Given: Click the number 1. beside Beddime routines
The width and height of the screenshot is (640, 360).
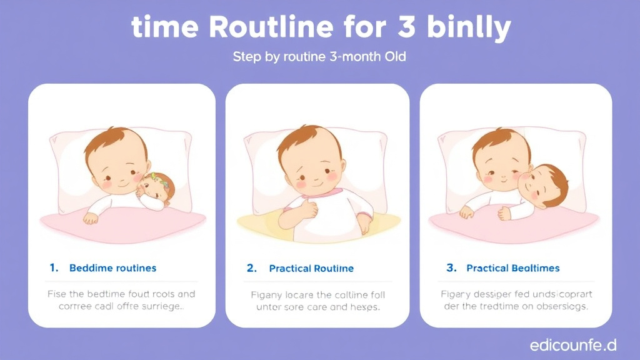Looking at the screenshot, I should click(x=54, y=267).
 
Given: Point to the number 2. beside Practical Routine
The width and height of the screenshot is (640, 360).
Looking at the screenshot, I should click(x=252, y=267).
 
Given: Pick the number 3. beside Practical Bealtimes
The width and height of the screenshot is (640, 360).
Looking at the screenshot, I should click(x=452, y=267).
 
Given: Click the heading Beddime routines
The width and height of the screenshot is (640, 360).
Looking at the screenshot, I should click(x=112, y=268).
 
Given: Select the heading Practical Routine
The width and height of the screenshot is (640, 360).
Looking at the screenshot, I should click(x=311, y=268).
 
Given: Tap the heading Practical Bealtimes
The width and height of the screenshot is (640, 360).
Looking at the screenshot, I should click(x=513, y=268).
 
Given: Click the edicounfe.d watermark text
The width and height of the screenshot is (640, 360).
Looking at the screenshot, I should click(x=572, y=344).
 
